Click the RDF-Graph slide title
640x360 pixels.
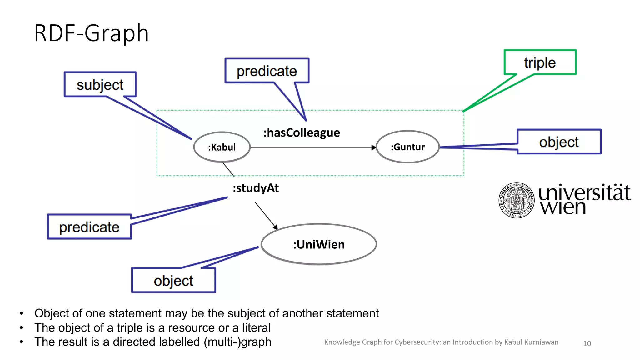click(91, 33)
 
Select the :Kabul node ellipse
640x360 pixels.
click(222, 147)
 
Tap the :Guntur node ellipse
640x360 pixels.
click(407, 147)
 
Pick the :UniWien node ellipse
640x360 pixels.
click(319, 244)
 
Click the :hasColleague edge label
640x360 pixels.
click(302, 133)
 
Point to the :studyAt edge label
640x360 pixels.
click(256, 188)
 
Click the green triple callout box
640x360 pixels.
click(540, 62)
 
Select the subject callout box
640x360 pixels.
click(100, 85)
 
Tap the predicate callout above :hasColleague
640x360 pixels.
click(267, 71)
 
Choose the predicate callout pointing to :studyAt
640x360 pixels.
click(89, 227)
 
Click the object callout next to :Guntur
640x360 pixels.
click(559, 142)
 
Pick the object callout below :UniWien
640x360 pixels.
click(173, 281)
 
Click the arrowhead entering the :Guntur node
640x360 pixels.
click(373, 147)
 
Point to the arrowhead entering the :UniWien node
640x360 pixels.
click(275, 227)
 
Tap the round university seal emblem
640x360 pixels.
click(516, 200)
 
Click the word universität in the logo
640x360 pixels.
click(584, 193)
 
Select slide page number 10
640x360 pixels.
click(587, 343)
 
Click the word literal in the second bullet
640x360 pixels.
click(256, 328)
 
